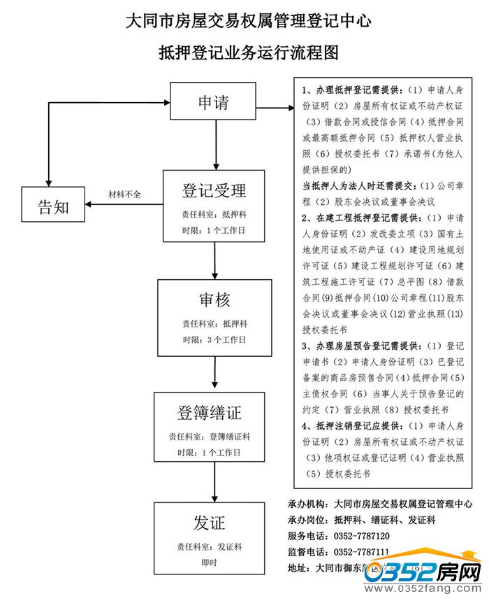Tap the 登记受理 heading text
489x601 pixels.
point(214,190)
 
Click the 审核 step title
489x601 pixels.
point(214,299)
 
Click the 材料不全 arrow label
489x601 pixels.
point(124,195)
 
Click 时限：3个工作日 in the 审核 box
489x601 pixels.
point(214,340)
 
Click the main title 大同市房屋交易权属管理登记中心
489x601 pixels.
point(248,22)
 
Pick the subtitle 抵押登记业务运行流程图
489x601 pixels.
point(248,52)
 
